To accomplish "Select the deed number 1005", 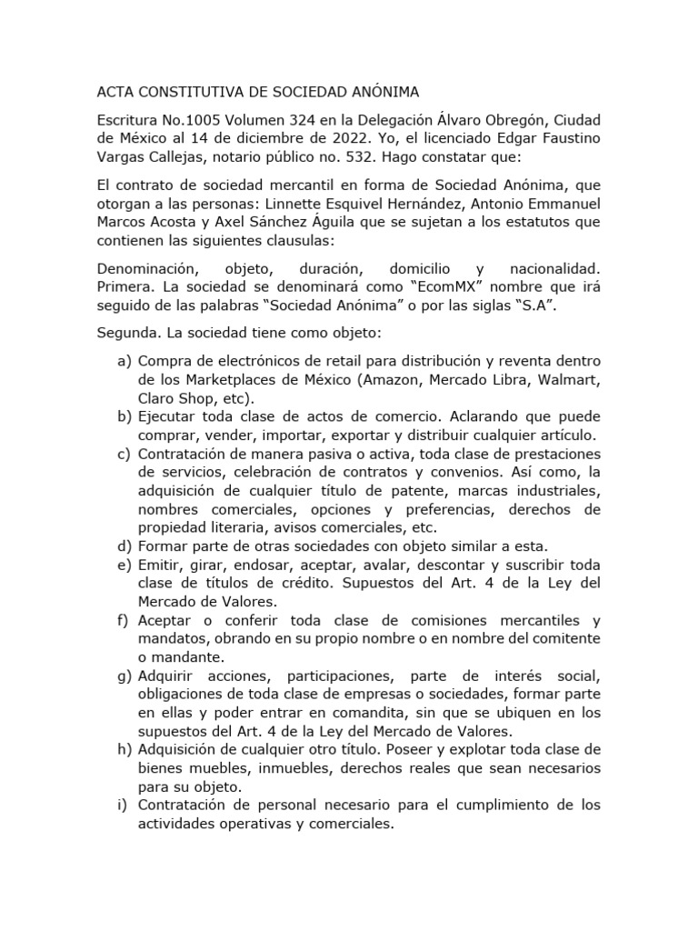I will pos(190,121).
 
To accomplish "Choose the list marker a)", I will pos(125,361).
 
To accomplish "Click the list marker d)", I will pos(125,546).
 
